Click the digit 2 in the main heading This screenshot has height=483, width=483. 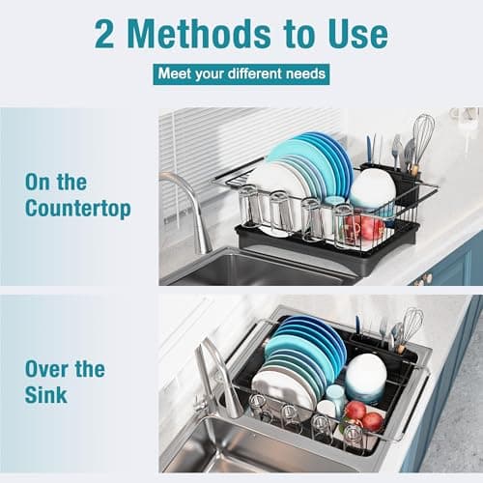pyautogui.click(x=104, y=34)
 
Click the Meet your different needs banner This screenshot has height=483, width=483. pyautogui.click(x=241, y=74)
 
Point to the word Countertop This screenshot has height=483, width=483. pyautogui.click(x=78, y=209)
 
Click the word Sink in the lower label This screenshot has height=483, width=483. pyautogui.click(x=45, y=395)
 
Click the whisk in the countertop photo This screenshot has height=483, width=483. pyautogui.click(x=422, y=142)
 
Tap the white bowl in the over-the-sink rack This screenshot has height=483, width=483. pyautogui.click(x=365, y=377)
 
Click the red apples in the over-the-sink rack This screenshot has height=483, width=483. pyautogui.click(x=364, y=415)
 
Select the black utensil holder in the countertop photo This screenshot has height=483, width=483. pyautogui.click(x=391, y=181)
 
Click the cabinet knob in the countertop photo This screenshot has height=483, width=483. pyautogui.click(x=428, y=277)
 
